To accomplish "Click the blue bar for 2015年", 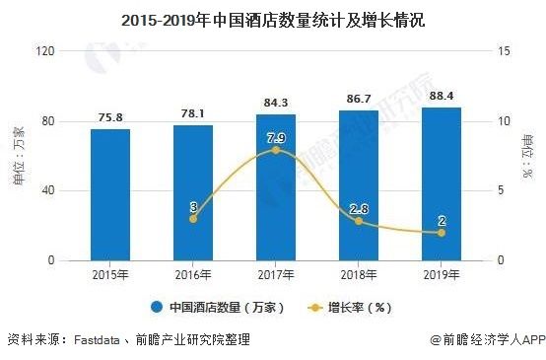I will [x=110, y=194].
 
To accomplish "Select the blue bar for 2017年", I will [x=276, y=187].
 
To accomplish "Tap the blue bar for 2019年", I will [x=441, y=183].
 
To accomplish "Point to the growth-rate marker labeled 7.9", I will [x=276, y=150].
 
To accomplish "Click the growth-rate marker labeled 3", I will [x=193, y=218].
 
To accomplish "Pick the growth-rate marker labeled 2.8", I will [x=359, y=221].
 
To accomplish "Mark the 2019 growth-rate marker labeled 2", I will [x=441, y=233].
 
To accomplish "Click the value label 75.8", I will [x=110, y=117].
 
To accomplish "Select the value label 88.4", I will [x=441, y=96].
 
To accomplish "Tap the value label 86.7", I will [x=359, y=99].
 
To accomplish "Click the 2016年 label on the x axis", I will [x=193, y=273].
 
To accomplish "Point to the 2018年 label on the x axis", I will [x=359, y=273].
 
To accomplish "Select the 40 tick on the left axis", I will [x=45, y=190].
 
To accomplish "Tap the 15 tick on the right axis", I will [x=503, y=51].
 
